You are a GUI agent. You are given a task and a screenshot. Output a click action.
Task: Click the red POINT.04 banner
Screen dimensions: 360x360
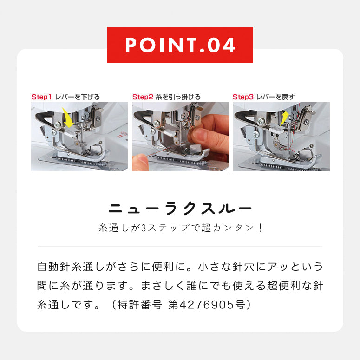coord(180,45)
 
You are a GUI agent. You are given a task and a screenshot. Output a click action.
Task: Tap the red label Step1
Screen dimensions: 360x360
coord(41,97)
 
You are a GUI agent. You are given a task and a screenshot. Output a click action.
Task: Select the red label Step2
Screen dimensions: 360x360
coord(143,97)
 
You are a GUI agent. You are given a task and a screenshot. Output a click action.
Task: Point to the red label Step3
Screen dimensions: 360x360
coord(243,97)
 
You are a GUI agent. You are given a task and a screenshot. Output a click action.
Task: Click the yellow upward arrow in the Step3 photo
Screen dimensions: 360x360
coord(285,118)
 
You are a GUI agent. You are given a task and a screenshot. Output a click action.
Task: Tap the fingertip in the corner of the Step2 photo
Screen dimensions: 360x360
coord(140,162)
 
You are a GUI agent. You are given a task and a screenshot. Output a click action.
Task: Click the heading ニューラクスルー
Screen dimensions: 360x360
coord(180,209)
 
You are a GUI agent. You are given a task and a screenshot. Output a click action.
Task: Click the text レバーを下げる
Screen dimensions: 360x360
coord(78,97)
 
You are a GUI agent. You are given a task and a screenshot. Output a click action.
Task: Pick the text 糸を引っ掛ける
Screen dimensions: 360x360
coord(178,97)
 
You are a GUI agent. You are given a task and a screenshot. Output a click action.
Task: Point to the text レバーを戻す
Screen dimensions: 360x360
coord(275,97)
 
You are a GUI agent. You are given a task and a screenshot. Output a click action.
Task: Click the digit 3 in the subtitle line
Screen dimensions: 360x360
coord(144,228)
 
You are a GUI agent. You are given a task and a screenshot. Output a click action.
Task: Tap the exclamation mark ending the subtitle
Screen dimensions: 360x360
coord(260,228)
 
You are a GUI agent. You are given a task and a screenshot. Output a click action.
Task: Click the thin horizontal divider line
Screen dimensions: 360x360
coord(180,247)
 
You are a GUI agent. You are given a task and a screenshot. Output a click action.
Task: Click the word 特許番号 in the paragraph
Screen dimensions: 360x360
coord(140,305)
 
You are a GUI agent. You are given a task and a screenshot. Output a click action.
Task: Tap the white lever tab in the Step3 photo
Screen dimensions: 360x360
coord(277,130)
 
